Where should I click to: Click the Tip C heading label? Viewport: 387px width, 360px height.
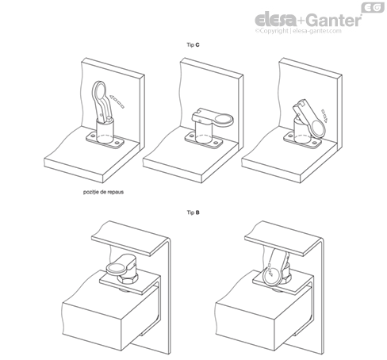[193, 45]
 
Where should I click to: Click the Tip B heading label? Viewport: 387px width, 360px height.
[193, 213]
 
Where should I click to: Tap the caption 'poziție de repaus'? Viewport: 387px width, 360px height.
[103, 192]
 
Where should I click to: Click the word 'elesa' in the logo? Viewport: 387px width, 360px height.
[275, 20]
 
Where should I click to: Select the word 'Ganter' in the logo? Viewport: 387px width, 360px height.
[334, 20]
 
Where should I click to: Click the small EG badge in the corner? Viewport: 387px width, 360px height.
[373, 7]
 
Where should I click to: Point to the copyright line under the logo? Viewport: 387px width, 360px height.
[298, 31]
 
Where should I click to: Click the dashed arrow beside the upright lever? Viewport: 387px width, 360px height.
[117, 101]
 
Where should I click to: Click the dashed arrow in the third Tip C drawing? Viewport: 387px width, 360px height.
[324, 116]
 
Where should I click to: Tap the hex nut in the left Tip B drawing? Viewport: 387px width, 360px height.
[128, 279]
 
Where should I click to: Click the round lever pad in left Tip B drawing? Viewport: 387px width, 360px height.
[116, 270]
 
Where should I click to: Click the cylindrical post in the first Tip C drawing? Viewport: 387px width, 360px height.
[105, 130]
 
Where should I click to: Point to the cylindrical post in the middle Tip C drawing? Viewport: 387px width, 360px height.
[204, 132]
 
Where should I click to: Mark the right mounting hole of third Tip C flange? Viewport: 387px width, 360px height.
[315, 143]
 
